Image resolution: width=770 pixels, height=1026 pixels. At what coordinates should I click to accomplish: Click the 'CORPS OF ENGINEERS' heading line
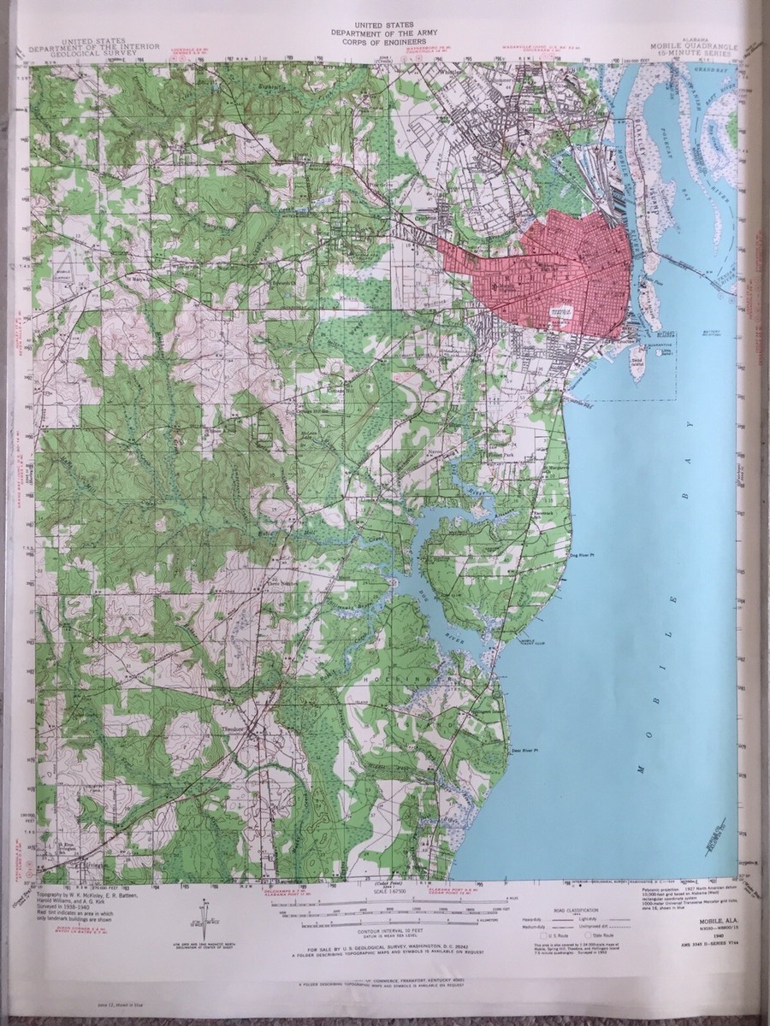tap(384, 39)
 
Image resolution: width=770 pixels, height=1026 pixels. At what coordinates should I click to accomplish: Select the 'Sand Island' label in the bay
tap(637, 363)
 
